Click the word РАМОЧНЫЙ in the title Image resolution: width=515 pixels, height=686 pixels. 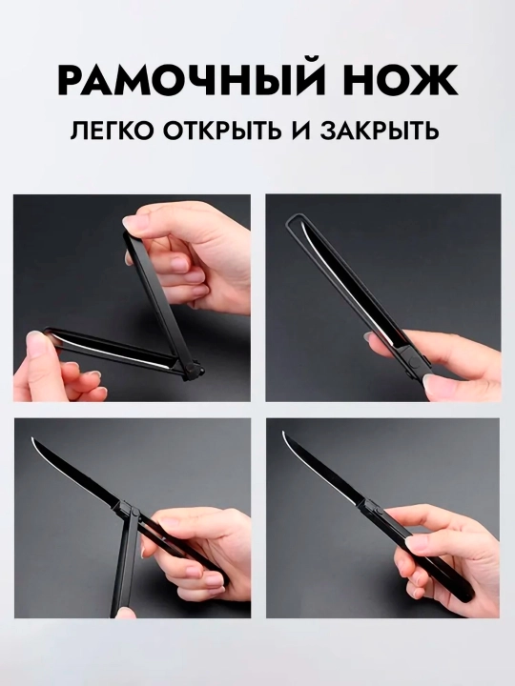pos(192,80)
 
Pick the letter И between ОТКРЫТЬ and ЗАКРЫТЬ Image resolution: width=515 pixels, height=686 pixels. pos(301,131)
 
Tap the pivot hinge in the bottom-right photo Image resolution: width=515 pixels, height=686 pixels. pos(375,508)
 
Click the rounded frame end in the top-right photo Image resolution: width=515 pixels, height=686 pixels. pos(293,219)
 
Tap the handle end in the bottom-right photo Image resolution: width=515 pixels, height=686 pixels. pos(467,595)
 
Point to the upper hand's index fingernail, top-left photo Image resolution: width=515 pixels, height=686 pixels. pos(131,223)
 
